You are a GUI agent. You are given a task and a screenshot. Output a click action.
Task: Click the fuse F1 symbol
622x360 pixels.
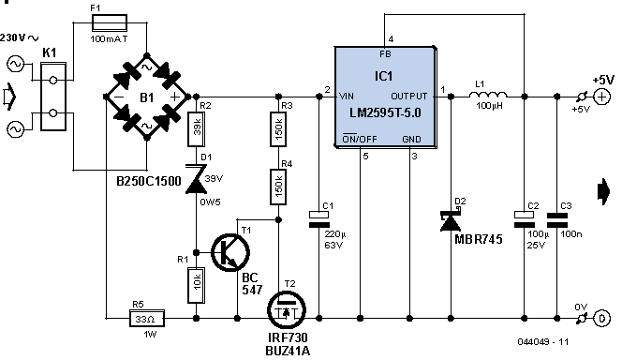tap(110, 22)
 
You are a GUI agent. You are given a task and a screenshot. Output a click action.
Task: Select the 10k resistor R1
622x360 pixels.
tap(197, 285)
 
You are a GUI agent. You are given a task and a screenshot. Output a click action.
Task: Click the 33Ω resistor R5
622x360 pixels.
tap(147, 319)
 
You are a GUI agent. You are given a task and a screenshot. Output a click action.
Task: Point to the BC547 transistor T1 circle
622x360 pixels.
tap(230, 252)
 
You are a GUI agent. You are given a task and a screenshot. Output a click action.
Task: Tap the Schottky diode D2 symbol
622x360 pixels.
tap(451, 219)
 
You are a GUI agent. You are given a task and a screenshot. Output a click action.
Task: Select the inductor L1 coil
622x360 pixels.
tap(488, 96)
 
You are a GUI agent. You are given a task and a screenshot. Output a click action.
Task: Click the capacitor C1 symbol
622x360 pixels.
tap(318, 220)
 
